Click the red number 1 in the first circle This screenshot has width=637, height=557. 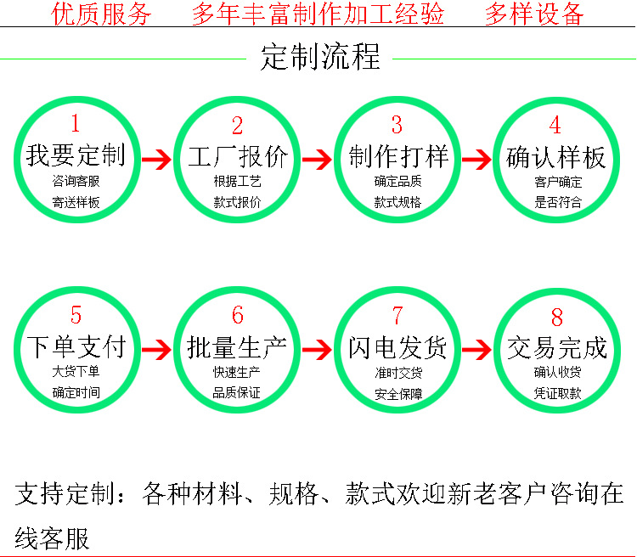[75, 125]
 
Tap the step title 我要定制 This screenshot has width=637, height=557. [76, 155]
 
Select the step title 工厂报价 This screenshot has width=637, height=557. [237, 157]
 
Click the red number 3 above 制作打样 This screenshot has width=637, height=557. [397, 125]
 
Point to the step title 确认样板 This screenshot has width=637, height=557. [556, 157]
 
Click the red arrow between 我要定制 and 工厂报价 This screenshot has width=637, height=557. [155, 159]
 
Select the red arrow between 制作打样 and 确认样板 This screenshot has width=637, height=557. [476, 159]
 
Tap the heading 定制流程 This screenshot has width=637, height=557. [320, 57]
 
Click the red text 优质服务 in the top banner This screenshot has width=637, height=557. [102, 14]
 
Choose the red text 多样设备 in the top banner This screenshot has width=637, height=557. [534, 14]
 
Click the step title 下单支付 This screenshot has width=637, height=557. [76, 346]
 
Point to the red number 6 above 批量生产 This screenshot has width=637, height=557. [237, 316]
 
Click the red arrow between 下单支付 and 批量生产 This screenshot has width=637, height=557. [155, 348]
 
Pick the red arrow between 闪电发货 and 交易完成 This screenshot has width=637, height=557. [476, 348]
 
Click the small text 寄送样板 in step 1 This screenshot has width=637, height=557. [76, 203]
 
